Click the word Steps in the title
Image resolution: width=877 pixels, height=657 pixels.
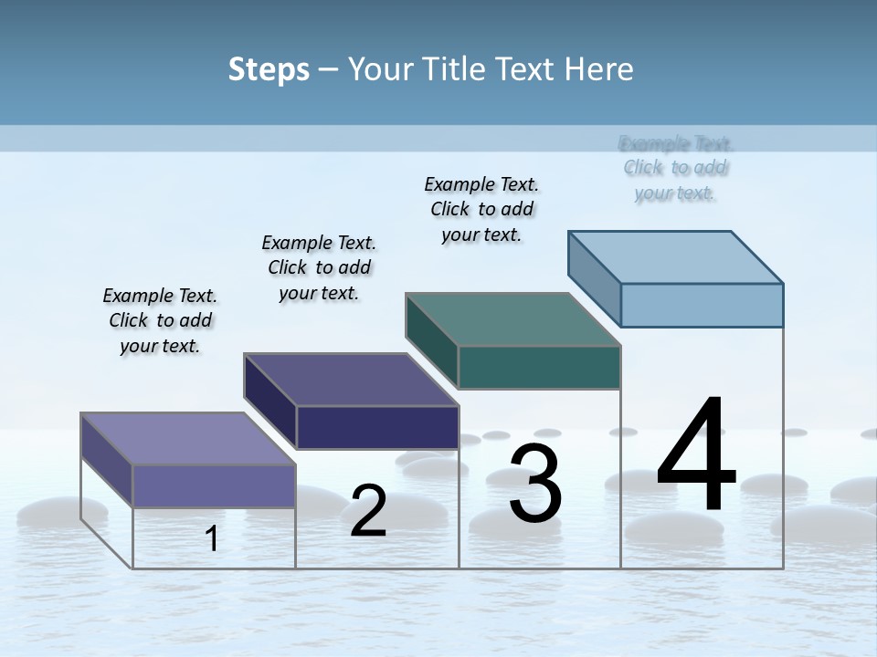tap(269, 69)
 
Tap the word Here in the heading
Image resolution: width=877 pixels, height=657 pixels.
tap(598, 69)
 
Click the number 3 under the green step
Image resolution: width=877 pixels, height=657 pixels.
tap(535, 484)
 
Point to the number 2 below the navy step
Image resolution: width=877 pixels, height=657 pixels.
tap(368, 511)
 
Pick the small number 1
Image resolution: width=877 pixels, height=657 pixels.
tap(212, 538)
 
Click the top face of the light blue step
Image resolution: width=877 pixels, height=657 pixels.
tap(676, 256)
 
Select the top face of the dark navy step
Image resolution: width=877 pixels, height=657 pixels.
tap(351, 379)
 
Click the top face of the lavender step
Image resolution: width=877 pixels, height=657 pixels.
tap(188, 438)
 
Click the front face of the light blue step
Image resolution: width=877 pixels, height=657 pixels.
tap(702, 305)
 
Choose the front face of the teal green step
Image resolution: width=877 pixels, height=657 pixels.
tap(539, 367)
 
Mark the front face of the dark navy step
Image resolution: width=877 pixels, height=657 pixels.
tap(377, 427)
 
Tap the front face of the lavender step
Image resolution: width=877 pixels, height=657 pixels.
tap(214, 485)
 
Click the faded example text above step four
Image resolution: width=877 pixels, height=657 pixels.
tap(676, 168)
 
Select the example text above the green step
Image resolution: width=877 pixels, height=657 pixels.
tap(481, 209)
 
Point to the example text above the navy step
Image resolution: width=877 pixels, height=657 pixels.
tap(319, 267)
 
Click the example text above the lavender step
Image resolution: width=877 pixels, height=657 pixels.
tap(160, 320)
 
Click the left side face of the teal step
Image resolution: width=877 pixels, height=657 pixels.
tap(431, 339)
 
